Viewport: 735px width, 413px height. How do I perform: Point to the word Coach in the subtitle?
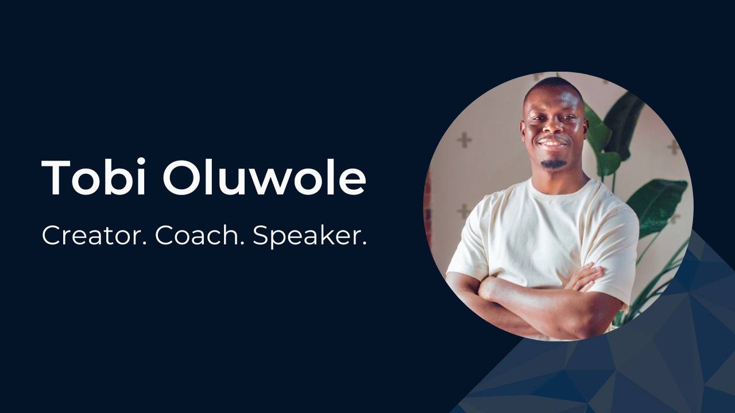point(200,236)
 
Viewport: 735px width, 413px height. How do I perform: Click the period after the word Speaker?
point(364,244)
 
